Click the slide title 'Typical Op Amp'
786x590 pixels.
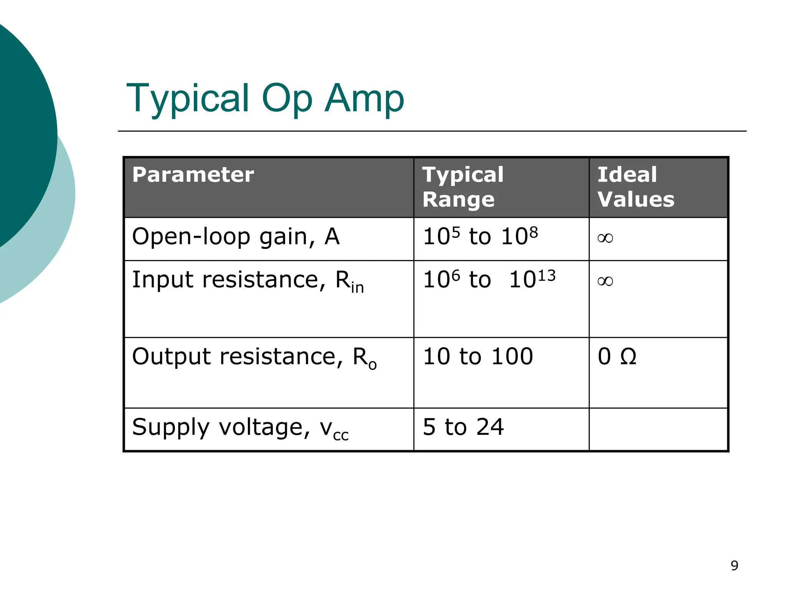[x=265, y=98]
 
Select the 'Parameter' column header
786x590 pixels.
[x=193, y=175]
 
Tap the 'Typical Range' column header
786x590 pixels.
[x=463, y=187]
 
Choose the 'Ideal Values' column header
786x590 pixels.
[x=636, y=187]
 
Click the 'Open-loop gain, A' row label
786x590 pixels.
[x=236, y=237]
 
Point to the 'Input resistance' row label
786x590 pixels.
[x=248, y=280]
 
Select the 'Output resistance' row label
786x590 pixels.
[x=254, y=357]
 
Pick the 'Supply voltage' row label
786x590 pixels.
[x=240, y=428]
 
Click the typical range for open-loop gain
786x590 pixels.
[x=480, y=236]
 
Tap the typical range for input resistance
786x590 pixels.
[x=489, y=279]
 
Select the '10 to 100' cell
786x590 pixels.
[x=478, y=356]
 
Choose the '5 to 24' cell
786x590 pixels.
[x=463, y=427]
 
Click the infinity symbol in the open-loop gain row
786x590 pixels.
[x=605, y=238]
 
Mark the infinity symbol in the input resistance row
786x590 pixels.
[x=605, y=281]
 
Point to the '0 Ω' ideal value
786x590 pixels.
[x=617, y=356]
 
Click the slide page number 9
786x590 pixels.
[x=734, y=565]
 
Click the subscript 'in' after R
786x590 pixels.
[x=357, y=287]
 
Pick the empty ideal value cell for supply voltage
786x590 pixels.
[x=658, y=429]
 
